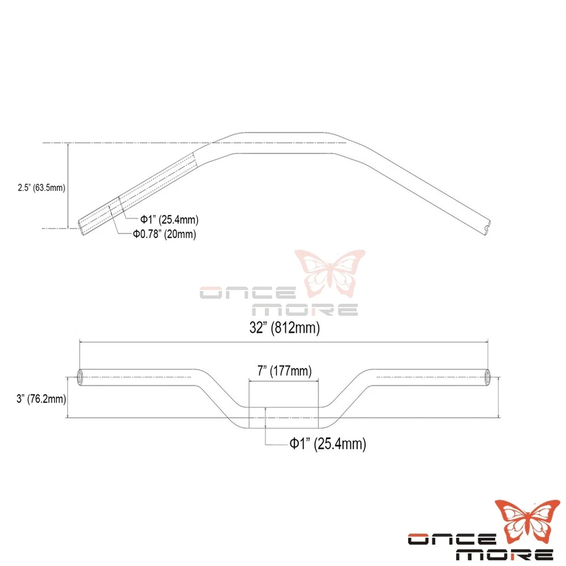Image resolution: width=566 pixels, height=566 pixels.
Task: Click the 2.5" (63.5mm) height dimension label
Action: coord(41,188)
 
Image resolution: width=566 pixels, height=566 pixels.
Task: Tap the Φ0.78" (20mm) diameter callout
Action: coord(164,234)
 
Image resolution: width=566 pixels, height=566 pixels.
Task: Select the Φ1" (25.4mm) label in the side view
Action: coord(169,220)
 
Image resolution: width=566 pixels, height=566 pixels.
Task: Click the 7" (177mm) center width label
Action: coord(284,371)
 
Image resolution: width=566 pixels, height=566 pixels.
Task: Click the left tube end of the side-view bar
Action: coord(81,224)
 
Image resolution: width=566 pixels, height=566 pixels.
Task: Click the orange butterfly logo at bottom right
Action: coord(526,519)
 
